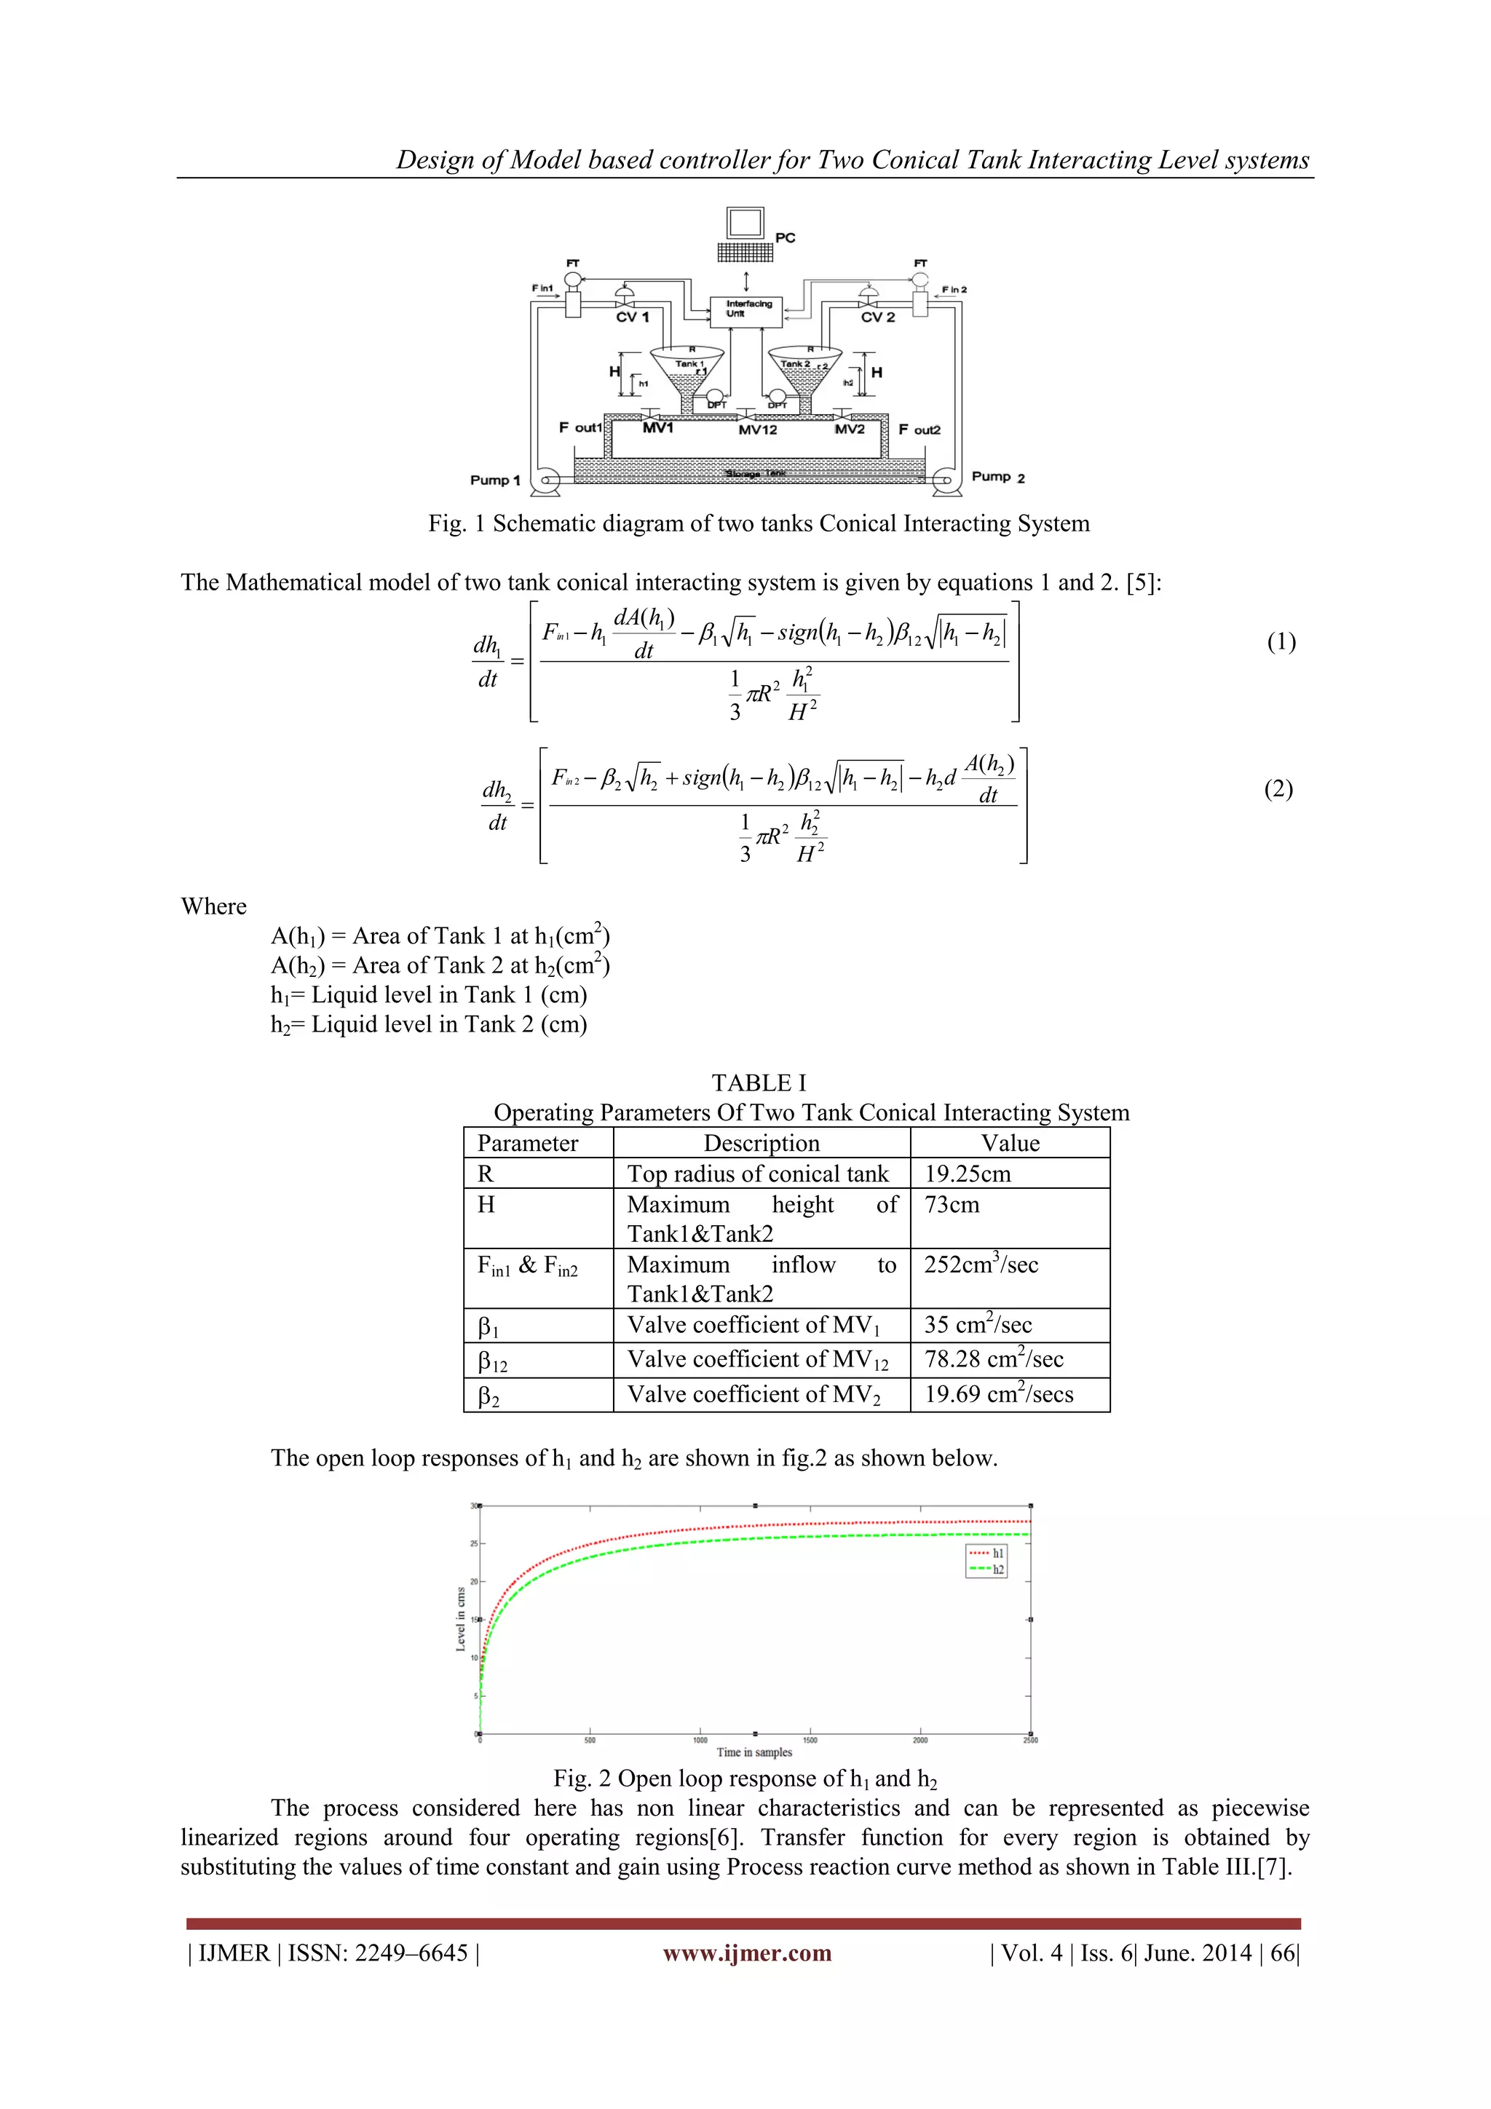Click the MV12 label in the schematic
(x=757, y=430)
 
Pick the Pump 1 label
(x=495, y=480)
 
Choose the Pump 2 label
(x=997, y=478)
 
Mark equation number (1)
(x=1281, y=642)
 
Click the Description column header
(x=761, y=1144)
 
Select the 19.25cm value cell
(x=968, y=1174)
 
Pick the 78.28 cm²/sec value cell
(x=993, y=1359)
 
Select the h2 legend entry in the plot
(x=988, y=1569)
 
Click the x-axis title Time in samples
(x=754, y=1752)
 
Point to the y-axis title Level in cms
(x=461, y=1619)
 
